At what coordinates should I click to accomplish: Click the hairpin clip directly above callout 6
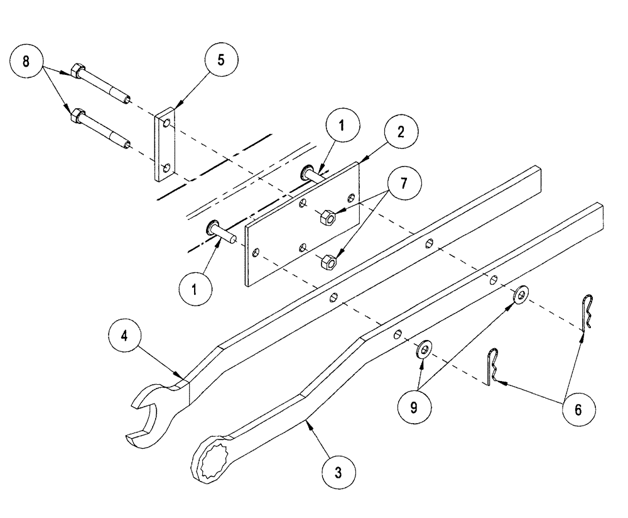[x=586, y=312]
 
